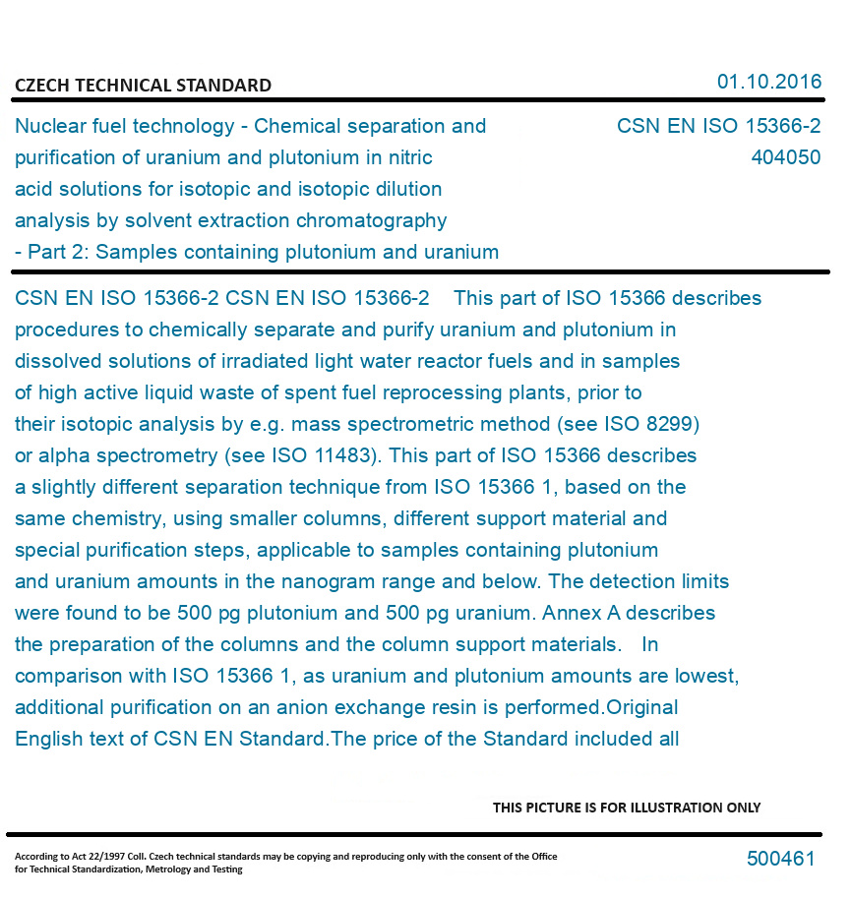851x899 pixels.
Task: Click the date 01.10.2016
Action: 769,82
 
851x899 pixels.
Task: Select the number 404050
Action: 785,157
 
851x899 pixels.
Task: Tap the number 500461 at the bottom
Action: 780,859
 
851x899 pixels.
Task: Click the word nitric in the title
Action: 408,157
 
